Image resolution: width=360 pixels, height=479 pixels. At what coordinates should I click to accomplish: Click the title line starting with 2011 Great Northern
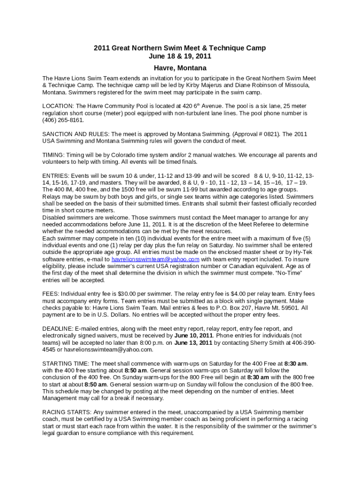pyautogui.click(x=180, y=48)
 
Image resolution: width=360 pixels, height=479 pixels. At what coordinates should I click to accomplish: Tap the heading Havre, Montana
pyautogui.click(x=180, y=68)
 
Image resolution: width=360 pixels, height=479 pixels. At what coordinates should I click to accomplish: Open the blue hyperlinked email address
pyautogui.click(x=156, y=259)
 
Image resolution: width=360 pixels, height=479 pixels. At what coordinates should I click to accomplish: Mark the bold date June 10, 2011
pyautogui.click(x=194, y=336)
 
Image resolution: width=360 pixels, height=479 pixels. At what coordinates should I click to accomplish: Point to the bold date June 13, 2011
pyautogui.click(x=193, y=343)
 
